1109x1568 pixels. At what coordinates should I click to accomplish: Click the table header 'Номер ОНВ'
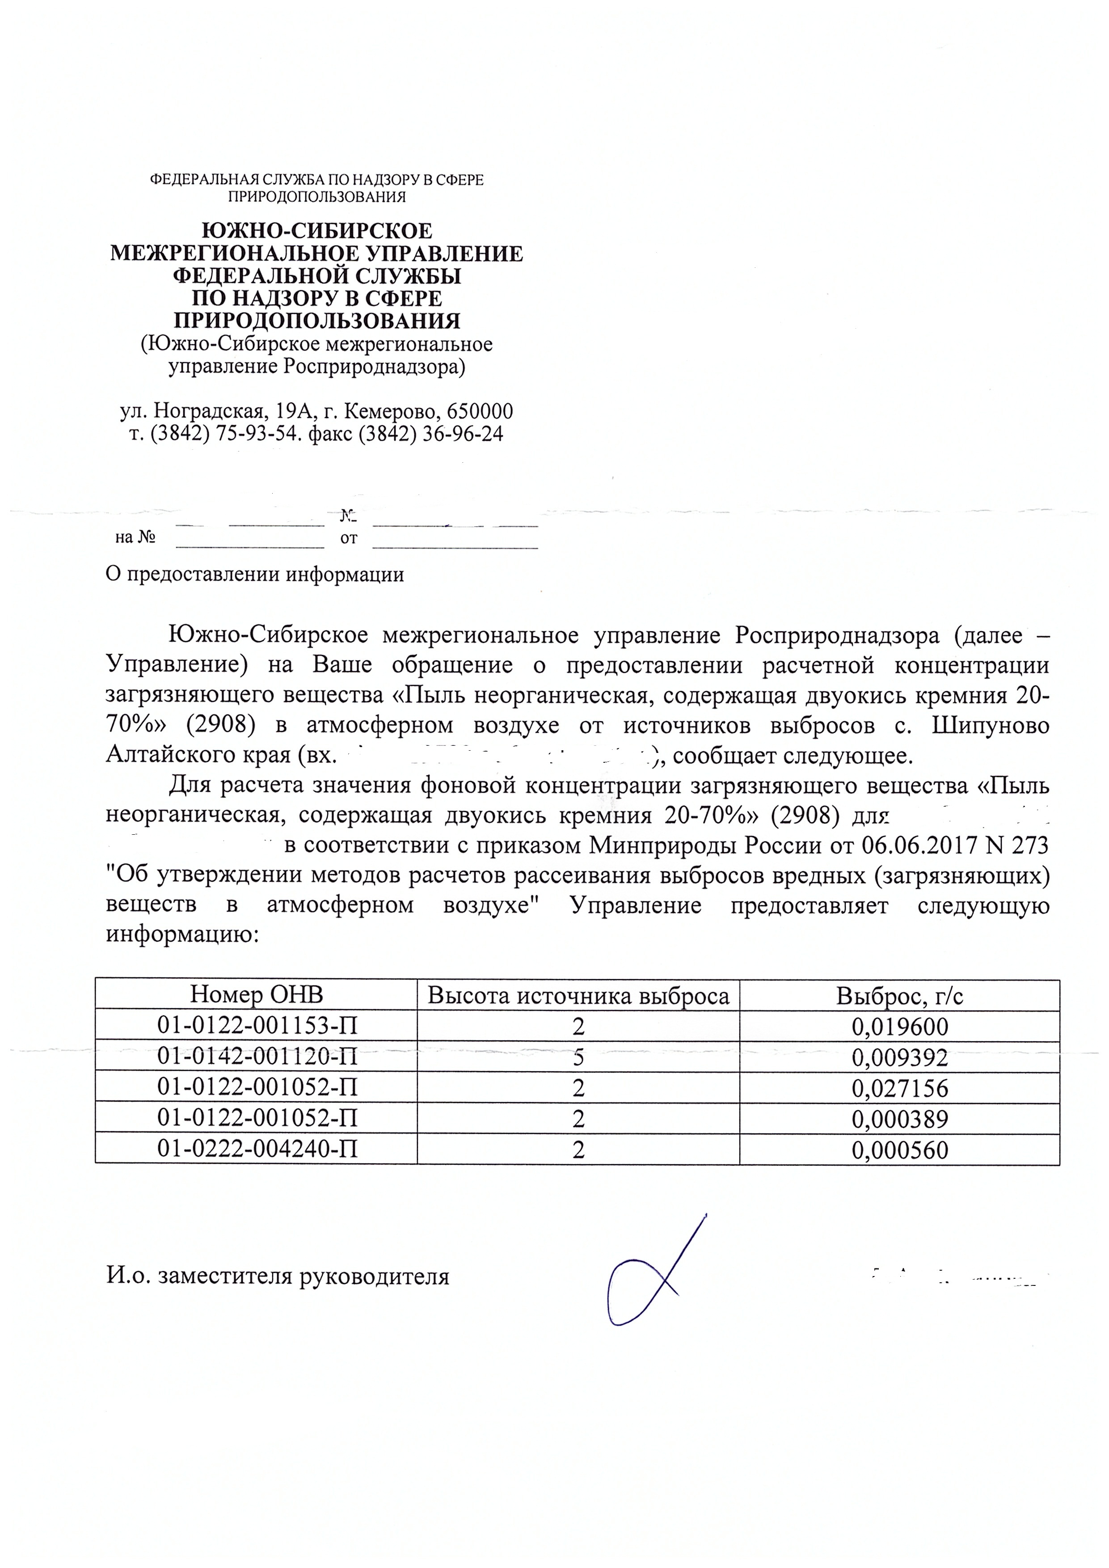coord(256,995)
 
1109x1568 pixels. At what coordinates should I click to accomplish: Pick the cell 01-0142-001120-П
coord(257,1057)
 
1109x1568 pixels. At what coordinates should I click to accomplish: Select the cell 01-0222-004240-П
coord(257,1150)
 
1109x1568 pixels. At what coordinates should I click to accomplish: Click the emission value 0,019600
coord(900,1027)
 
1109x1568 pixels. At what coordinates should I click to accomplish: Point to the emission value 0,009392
coord(900,1057)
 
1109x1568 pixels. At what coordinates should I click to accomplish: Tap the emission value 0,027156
coord(900,1088)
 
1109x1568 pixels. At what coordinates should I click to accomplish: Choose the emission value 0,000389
coord(900,1119)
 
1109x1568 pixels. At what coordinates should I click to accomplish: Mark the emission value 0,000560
coord(900,1150)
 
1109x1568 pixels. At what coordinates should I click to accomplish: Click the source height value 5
coord(578,1057)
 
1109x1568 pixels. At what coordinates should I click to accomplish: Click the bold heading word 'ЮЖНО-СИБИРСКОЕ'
coord(317,231)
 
